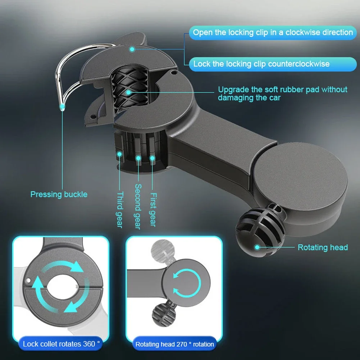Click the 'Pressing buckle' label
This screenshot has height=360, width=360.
tap(59, 195)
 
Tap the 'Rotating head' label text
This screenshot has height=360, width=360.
tap(323, 247)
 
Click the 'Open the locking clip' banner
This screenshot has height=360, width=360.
tap(273, 32)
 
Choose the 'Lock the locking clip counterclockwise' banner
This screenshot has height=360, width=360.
tap(261, 64)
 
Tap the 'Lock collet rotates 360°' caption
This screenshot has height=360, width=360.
tap(61, 344)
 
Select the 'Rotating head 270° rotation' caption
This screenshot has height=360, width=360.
tap(174, 344)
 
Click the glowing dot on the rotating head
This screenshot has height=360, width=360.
tap(257, 247)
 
